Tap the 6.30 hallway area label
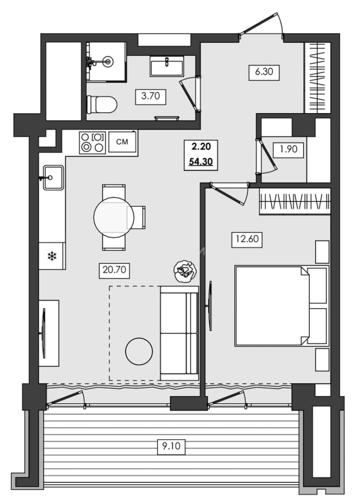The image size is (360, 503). point(264,72)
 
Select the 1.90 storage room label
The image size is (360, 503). point(288,150)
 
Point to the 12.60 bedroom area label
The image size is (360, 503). point(247,239)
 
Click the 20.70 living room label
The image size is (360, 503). point(114,271)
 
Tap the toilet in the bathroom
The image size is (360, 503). point(102,104)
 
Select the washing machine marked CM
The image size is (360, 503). point(122,142)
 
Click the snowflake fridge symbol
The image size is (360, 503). point(52,256)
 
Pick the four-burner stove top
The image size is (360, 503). point(92,143)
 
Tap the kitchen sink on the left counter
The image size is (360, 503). point(54,177)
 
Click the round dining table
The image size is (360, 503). point(114,218)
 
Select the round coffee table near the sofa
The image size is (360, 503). point(139,352)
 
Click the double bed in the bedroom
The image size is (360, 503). point(282,306)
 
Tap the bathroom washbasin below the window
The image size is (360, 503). point(167,66)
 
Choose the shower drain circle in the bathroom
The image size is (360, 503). point(108,61)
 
